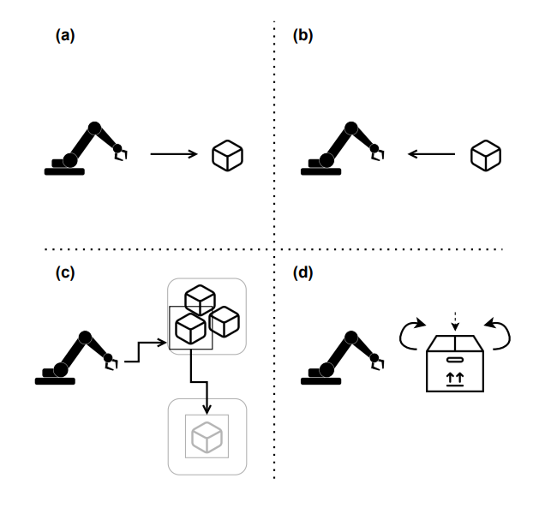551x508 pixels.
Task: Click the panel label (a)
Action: [65, 36]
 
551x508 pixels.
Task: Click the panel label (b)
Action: [302, 36]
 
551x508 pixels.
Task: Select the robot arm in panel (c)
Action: [75, 356]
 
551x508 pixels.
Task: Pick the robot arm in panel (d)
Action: [339, 356]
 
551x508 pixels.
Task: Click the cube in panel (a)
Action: [227, 154]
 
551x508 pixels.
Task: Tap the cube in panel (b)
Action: [485, 154]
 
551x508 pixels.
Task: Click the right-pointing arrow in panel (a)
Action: [175, 154]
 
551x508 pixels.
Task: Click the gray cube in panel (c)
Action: [207, 437]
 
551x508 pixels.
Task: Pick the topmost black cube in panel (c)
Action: [200, 297]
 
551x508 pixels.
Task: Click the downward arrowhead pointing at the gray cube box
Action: [207, 392]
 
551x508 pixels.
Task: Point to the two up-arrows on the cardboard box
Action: [454, 377]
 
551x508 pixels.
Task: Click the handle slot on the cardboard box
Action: [454, 359]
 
